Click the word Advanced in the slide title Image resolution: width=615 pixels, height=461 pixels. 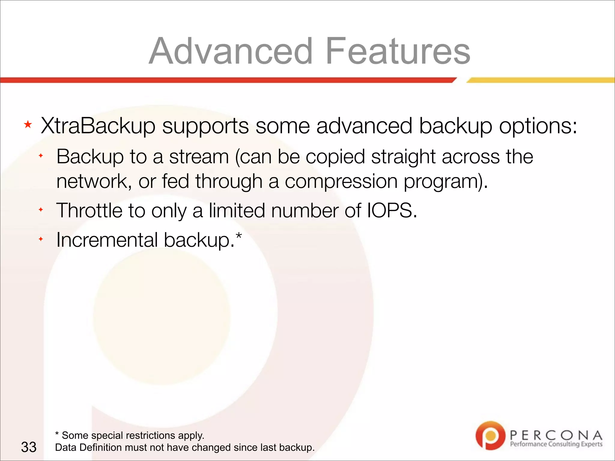(231, 51)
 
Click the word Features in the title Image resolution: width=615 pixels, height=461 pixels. (398, 51)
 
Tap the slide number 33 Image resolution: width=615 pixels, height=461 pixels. (29, 447)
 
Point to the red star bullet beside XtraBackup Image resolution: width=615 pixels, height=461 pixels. (28, 124)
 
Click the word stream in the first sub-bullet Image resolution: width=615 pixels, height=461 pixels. (199, 157)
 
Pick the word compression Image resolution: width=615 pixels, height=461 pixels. (341, 182)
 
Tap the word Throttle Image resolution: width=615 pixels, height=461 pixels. (89, 210)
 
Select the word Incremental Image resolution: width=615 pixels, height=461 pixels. (107, 240)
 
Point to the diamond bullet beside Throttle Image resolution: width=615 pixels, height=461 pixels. (41, 210)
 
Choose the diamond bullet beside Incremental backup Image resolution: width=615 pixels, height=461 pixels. (41, 239)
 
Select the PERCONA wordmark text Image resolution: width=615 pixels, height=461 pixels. (556, 435)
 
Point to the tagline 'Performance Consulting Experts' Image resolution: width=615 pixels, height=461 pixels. (556, 444)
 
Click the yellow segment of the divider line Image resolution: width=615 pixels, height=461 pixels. (541, 80)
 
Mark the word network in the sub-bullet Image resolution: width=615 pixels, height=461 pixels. (92, 182)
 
